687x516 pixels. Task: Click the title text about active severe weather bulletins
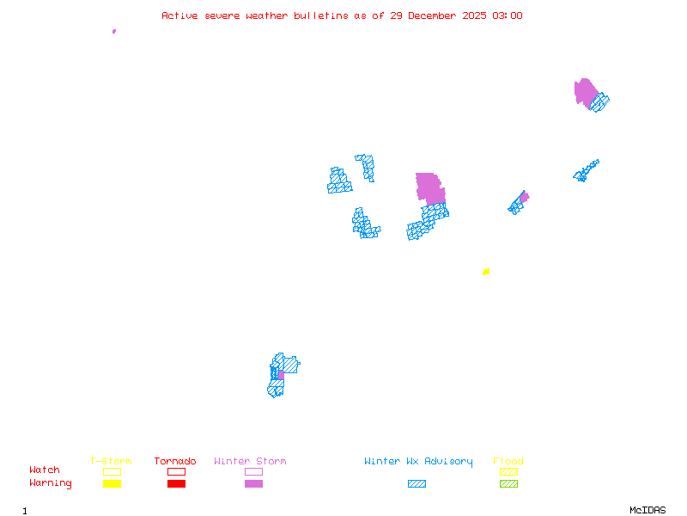[x=342, y=15]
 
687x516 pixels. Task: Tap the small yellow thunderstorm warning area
[x=486, y=272]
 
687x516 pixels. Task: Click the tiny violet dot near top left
[x=114, y=31]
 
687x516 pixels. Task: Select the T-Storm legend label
[x=111, y=462]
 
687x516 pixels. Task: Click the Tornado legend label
[x=175, y=462]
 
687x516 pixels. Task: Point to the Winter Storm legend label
[x=250, y=462]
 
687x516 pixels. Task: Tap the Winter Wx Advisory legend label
[x=418, y=462]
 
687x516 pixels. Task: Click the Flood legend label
[x=508, y=462]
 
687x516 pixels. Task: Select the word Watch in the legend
[x=45, y=470]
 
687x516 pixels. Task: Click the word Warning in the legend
[x=51, y=483]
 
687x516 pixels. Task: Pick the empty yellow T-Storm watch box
[x=112, y=471]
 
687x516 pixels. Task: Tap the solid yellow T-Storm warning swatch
[x=112, y=484]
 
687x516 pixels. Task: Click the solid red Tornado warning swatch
[x=176, y=484]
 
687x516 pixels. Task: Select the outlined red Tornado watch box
[x=176, y=471]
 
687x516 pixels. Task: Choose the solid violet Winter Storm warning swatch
[x=253, y=484]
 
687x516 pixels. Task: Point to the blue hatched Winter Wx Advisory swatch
[x=416, y=484]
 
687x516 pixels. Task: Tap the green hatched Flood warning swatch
[x=508, y=484]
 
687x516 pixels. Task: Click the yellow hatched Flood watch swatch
[x=508, y=471]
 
